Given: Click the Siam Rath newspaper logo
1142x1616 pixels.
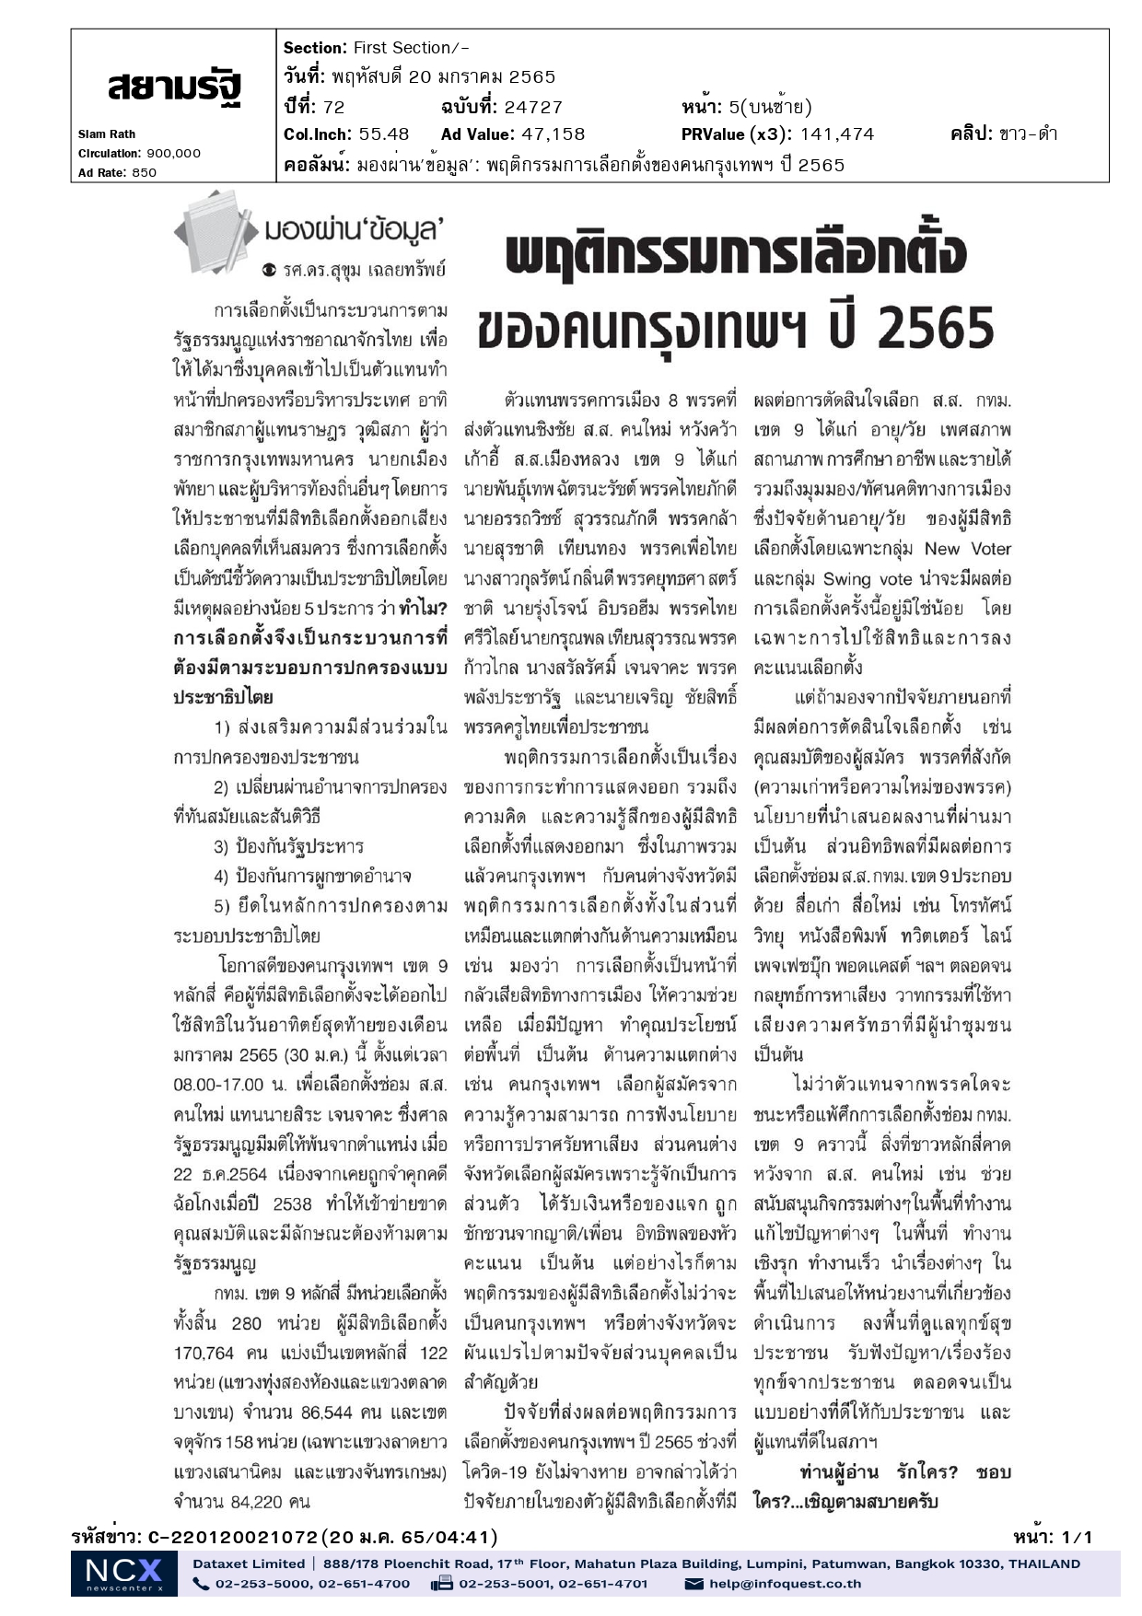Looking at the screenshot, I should coord(174,87).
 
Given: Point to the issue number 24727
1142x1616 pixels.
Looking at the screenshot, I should coord(532,107).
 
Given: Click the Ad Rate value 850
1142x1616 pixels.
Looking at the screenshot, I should coord(145,172).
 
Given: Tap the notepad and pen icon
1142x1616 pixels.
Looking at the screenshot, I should coord(216,231).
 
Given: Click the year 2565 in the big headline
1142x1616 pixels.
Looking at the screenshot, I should coord(935,328).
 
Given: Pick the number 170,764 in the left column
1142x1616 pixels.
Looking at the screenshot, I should coord(204,1353).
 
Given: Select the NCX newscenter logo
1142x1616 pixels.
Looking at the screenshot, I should coord(123,1573).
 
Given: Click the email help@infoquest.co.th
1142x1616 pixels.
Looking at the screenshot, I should coord(785,1584).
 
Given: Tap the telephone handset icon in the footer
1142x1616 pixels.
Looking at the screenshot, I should coord(201,1584).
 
